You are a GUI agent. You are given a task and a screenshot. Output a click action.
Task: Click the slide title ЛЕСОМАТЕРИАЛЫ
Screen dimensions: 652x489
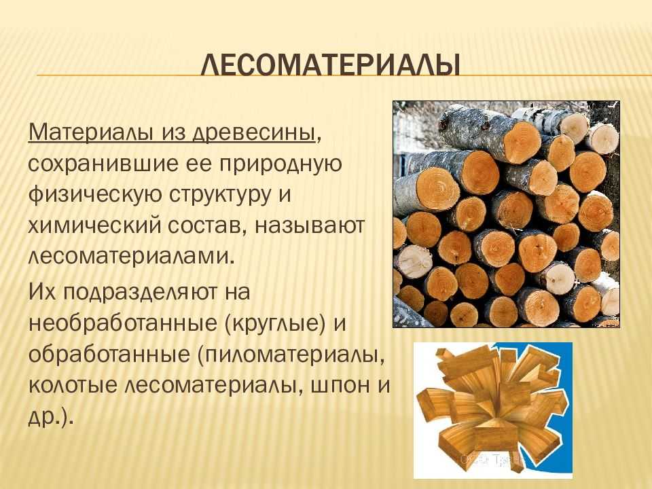click(331, 65)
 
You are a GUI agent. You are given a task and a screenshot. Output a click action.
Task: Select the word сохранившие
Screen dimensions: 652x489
click(103, 164)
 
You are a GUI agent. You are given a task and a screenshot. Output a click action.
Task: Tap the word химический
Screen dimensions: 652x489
click(95, 225)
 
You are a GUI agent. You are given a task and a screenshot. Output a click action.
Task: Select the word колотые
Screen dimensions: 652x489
click(73, 386)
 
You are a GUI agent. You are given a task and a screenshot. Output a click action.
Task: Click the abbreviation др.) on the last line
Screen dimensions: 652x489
click(51, 416)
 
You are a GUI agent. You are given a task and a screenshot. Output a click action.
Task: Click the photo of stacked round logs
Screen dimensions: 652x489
click(507, 214)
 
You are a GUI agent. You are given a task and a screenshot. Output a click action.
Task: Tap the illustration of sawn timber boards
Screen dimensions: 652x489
click(493, 410)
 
